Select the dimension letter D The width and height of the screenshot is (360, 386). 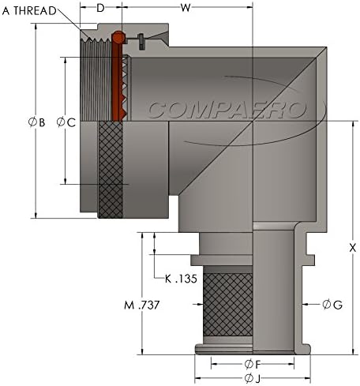(x=100, y=8)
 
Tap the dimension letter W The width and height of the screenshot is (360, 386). (x=186, y=8)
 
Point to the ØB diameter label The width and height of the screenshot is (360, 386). (x=37, y=122)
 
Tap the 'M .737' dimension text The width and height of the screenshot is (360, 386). (x=141, y=305)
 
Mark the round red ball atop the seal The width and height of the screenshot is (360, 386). (x=118, y=36)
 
